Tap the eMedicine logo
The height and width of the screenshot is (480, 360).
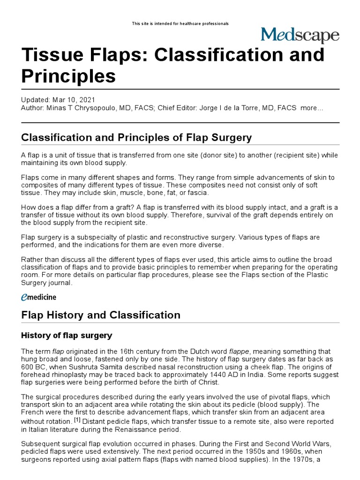(x=39, y=297)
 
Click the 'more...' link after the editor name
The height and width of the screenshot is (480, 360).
(x=312, y=108)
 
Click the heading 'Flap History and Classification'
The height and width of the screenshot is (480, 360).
(x=101, y=315)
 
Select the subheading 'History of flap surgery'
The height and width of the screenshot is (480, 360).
(x=67, y=335)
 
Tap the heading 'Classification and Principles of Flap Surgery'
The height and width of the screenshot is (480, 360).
(x=136, y=138)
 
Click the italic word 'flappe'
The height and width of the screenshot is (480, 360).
(x=240, y=352)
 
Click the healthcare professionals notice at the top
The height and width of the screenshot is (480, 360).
(x=180, y=23)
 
